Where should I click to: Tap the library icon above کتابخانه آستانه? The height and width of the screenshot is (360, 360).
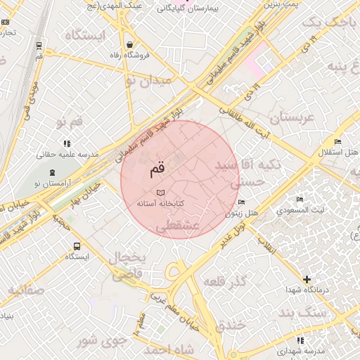point(160,192)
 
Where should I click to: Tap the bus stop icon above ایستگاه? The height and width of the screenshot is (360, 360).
point(76,247)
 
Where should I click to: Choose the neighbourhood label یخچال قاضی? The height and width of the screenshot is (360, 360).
point(127,267)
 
